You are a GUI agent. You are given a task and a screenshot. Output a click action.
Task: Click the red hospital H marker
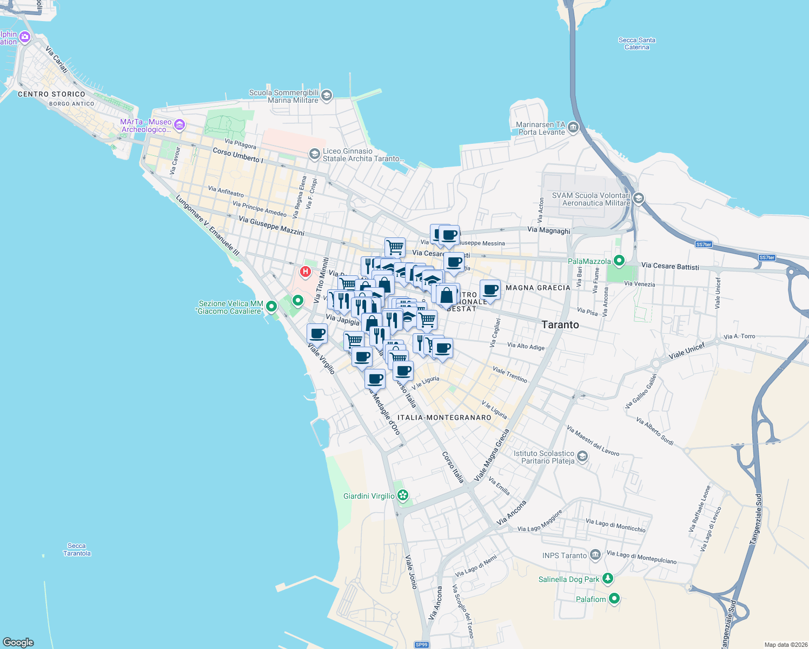[x=306, y=271]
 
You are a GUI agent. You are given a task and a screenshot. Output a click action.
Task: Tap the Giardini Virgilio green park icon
[x=402, y=495]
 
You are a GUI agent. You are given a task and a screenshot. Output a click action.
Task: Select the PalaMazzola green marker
[x=619, y=261]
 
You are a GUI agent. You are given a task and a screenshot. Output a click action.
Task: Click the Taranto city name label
[x=560, y=325]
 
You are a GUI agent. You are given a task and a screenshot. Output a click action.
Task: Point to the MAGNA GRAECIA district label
[x=538, y=288]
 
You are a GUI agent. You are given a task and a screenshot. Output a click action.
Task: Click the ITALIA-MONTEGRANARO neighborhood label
[x=444, y=418]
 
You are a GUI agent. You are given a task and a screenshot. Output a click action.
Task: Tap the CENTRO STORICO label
[x=51, y=94]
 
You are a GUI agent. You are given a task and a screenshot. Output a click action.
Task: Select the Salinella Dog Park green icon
[x=608, y=579]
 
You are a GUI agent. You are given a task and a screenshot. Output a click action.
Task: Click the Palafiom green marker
[x=614, y=599]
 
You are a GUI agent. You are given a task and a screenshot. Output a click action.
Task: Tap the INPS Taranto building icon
[x=595, y=555]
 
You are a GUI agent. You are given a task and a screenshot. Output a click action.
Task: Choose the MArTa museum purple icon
[x=180, y=125]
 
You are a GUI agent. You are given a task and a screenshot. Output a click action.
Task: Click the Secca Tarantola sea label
[x=77, y=549]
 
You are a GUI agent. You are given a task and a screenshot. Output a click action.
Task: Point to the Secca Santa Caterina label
[x=636, y=43]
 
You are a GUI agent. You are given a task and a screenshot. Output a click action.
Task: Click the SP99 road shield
[x=421, y=645]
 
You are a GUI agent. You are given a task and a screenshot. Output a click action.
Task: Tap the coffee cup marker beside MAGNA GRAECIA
[x=490, y=289]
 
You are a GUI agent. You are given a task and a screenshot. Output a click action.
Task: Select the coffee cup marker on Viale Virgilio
[x=317, y=333]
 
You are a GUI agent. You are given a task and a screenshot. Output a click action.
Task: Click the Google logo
[x=18, y=643]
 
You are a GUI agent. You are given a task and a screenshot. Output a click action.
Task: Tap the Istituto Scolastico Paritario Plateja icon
[x=582, y=457]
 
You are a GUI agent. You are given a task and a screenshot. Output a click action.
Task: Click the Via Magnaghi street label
[x=548, y=230]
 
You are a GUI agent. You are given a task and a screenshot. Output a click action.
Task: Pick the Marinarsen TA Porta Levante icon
[x=573, y=128]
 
